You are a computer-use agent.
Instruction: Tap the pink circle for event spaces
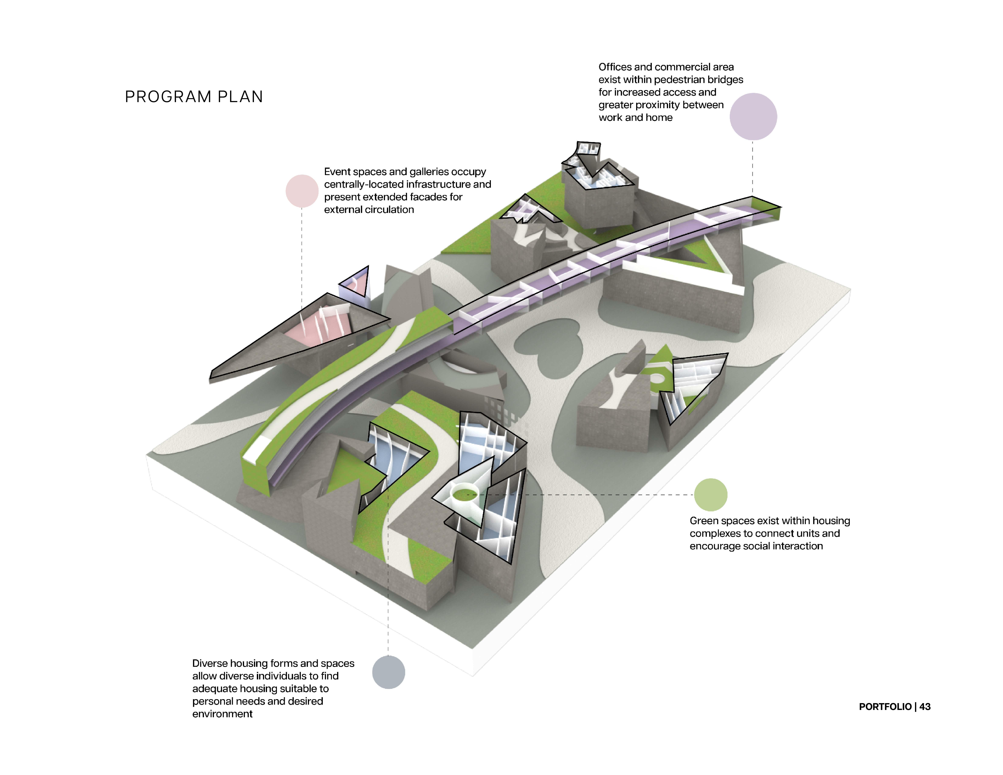(x=302, y=191)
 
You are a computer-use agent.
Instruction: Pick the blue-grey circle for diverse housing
(x=389, y=672)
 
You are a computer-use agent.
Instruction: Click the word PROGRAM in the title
(x=168, y=97)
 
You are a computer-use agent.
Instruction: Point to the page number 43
(x=925, y=707)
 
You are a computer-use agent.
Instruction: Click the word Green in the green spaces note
(x=704, y=521)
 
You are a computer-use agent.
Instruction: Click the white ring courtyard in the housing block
(x=465, y=494)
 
